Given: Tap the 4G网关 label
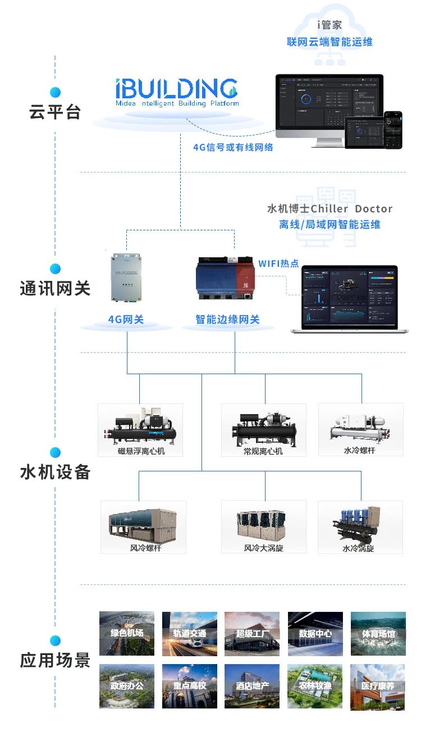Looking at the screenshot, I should pos(126,320).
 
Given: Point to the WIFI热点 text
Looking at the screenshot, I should pos(278,263).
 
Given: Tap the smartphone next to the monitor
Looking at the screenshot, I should pos(393,130).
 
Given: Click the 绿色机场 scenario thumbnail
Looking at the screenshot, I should pos(127,633).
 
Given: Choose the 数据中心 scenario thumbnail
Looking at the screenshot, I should pos(315,633).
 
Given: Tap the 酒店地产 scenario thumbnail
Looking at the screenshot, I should pos(253,686).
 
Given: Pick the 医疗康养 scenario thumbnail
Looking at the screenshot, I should pos(378,686).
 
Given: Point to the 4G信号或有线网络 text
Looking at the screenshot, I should pos(233,148).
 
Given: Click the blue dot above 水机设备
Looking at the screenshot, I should pos(55,452).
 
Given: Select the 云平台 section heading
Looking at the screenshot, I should pos(55,112).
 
